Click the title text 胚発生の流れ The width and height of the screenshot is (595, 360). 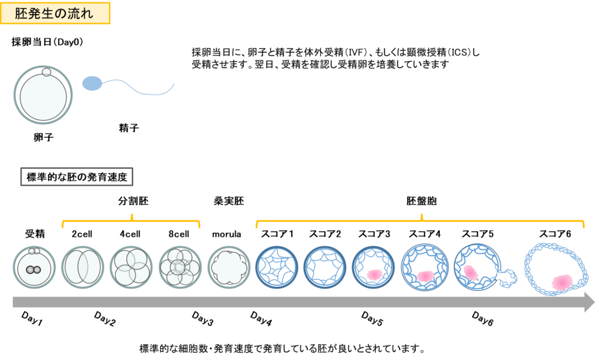coord(56,14)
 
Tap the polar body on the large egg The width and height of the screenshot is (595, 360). coord(46,73)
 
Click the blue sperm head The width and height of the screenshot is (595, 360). coord(92,84)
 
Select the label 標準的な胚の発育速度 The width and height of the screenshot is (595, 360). coord(77,177)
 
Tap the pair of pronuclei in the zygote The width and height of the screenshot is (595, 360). coord(34,270)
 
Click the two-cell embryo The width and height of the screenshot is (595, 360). coord(83,268)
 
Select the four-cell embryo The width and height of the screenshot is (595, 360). coord(131,268)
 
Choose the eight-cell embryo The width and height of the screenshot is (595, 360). coord(180,268)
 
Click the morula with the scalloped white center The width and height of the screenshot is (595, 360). coord(229,268)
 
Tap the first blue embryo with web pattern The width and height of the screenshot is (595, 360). coord(277,268)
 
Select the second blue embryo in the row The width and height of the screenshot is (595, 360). coord(325,268)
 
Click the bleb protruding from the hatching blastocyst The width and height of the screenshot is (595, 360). coord(508,277)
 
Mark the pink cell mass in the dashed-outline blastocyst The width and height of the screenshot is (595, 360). coord(562,282)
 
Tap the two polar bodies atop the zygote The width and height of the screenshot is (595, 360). coord(34,251)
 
